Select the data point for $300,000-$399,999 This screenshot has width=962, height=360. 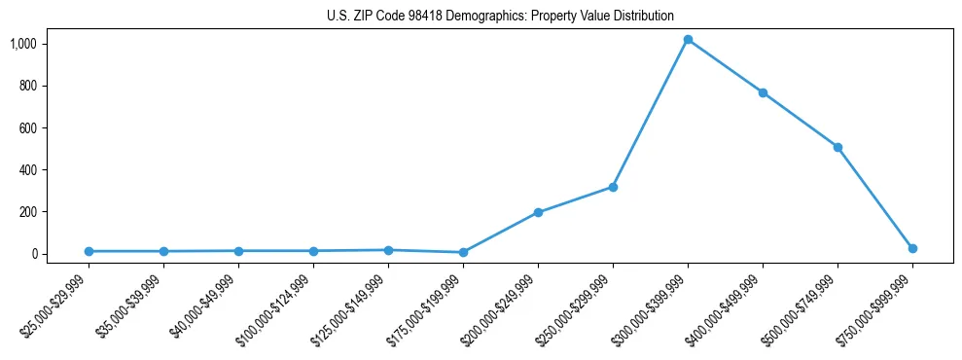tap(688, 40)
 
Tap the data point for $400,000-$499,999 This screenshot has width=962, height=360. tap(763, 92)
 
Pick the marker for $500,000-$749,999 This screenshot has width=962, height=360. tap(837, 147)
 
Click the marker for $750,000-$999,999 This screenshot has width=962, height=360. tap(912, 248)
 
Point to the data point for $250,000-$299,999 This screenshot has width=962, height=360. tap(613, 187)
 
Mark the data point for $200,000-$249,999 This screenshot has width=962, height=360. tap(538, 212)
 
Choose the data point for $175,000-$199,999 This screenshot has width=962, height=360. tap(463, 252)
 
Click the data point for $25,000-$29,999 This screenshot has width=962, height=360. tap(89, 251)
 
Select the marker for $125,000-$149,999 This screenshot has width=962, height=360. tap(388, 250)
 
